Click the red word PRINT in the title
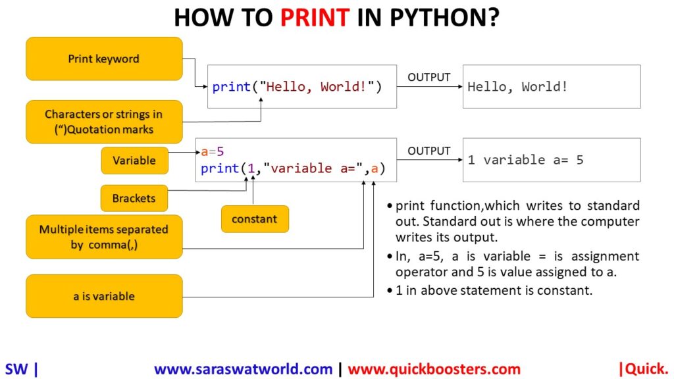coord(315,18)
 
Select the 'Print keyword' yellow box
coord(104,59)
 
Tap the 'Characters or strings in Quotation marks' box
coord(104,122)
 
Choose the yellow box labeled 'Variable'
coord(134,161)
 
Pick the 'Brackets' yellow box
coord(134,198)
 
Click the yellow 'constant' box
coord(255,219)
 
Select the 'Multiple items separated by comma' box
coord(104,237)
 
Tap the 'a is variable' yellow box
coord(104,296)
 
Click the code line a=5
coord(213,151)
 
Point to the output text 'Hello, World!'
coord(517,87)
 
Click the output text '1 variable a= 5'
coord(525,160)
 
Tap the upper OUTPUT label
coord(428,78)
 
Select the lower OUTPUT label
coord(428,151)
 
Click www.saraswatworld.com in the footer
coord(244,369)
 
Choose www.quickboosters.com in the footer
coord(434,369)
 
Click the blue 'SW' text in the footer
coord(16,369)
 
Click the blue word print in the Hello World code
coord(232,87)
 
